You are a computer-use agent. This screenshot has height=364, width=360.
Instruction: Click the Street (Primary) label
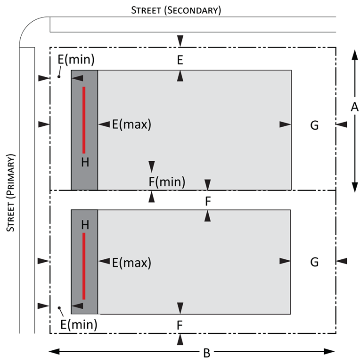pos(11,193)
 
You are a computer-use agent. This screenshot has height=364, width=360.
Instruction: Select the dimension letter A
pos(354,108)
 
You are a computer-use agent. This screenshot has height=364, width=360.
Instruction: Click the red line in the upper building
pos(84,120)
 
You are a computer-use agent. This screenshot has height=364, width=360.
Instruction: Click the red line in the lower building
pos(84,266)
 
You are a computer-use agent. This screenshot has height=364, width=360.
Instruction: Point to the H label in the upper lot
pos(85,162)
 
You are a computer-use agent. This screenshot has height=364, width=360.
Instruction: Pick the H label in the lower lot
pos(85,225)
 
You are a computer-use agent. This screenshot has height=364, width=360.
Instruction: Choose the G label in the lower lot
pos(314,262)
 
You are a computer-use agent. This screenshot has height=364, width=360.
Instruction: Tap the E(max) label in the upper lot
pos(131,124)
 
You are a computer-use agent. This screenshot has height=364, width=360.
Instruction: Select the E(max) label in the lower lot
pos(131,262)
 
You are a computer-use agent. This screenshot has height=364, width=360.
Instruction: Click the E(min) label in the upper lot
pos(76,59)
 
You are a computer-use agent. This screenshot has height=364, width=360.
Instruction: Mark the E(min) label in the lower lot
pos(79,324)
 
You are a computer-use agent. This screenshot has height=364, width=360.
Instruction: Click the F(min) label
pos(166,182)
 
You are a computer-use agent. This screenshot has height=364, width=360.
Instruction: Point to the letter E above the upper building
pos(180,60)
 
